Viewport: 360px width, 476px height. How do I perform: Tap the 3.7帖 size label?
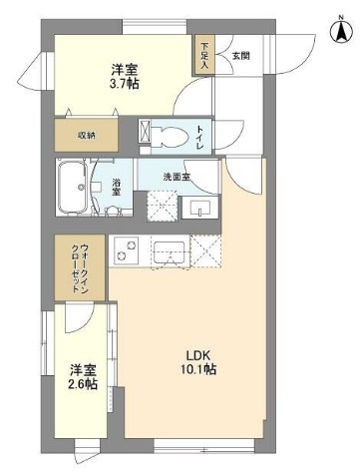[x=125, y=85]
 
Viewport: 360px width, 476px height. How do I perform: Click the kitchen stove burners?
[x=127, y=252]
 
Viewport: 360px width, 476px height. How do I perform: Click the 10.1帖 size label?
[x=199, y=369]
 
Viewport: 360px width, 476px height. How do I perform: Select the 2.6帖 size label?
[x=83, y=384]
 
